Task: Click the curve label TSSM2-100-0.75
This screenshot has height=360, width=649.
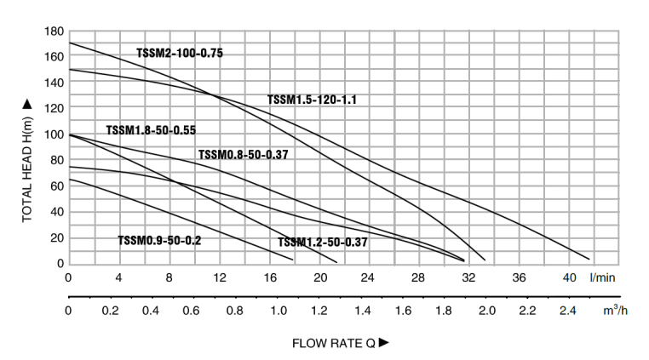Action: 180,53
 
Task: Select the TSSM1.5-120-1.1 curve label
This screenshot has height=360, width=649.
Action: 312,100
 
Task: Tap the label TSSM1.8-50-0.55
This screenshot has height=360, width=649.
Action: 151,130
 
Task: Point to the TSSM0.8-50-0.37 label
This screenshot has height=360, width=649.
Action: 243,154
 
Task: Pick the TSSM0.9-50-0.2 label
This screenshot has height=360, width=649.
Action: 159,241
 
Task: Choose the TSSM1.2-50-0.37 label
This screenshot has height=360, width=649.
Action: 323,243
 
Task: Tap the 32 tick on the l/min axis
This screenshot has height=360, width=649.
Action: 468,277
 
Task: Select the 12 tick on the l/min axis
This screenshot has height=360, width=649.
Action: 219,277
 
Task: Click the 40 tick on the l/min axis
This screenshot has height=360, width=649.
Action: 569,277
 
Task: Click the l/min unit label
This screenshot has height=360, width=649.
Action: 602,277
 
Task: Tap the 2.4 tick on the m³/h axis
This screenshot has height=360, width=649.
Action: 570,311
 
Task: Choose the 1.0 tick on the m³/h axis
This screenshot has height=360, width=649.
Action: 278,311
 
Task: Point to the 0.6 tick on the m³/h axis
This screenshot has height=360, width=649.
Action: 193,311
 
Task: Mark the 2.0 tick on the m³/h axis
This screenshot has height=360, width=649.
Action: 486,311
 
